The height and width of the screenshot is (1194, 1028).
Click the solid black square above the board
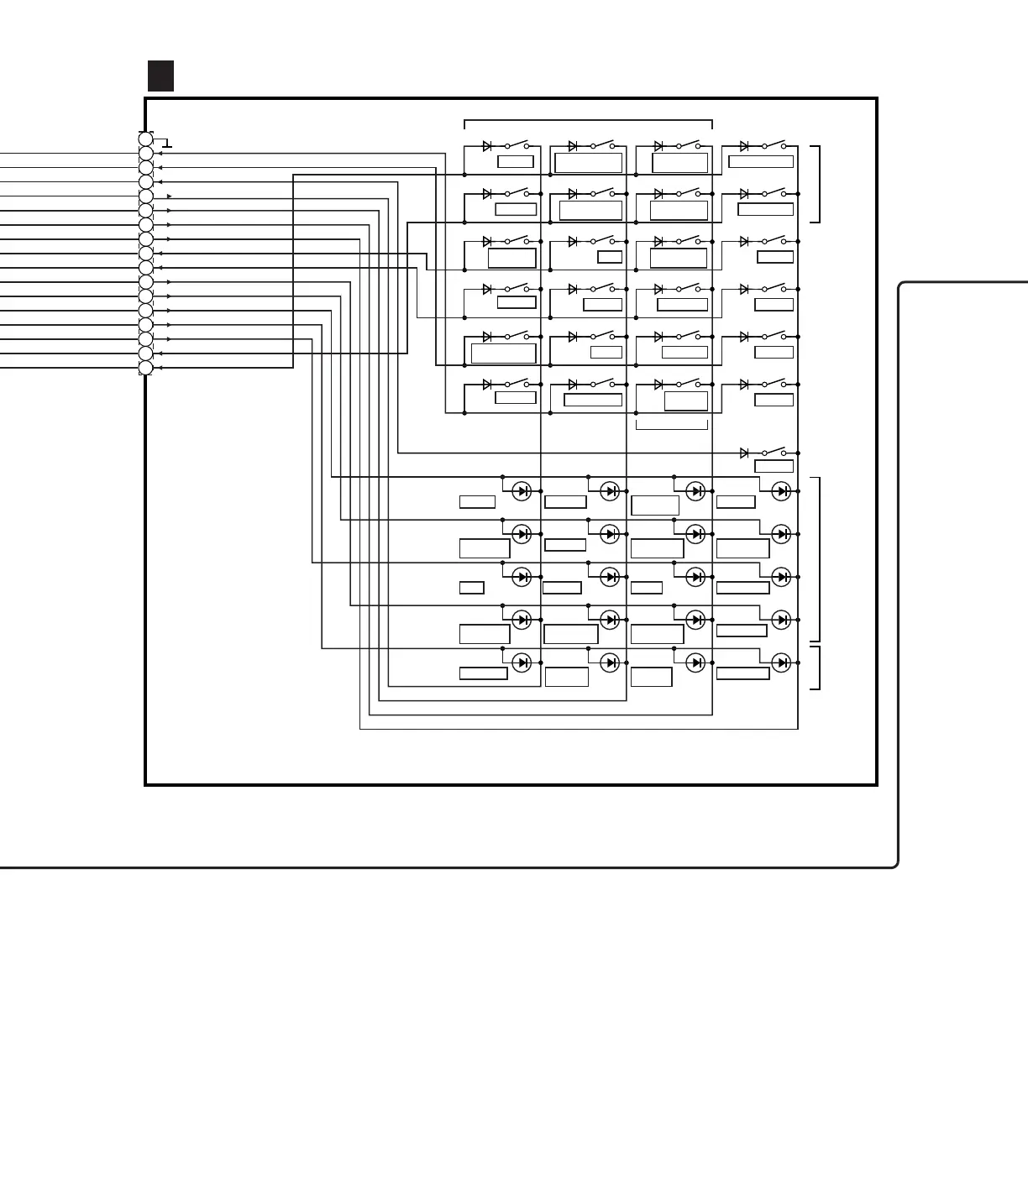160,76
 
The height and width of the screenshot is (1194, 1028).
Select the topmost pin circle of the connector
146,139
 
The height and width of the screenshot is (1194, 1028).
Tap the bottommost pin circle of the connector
146,368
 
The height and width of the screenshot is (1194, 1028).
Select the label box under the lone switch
774,467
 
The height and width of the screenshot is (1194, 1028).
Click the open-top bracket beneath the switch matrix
672,425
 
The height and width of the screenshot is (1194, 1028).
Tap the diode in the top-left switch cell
487,146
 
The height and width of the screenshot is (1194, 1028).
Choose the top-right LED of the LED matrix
781,491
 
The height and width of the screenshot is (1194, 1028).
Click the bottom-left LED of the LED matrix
522,662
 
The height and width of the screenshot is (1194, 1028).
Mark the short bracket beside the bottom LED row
816,668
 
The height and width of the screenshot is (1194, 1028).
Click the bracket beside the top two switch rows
816,184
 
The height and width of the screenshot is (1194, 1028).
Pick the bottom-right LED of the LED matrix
781,662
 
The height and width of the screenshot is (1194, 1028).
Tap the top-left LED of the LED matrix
522,491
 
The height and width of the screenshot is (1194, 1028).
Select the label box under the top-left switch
515,162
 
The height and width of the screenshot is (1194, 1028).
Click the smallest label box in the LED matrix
471,588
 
